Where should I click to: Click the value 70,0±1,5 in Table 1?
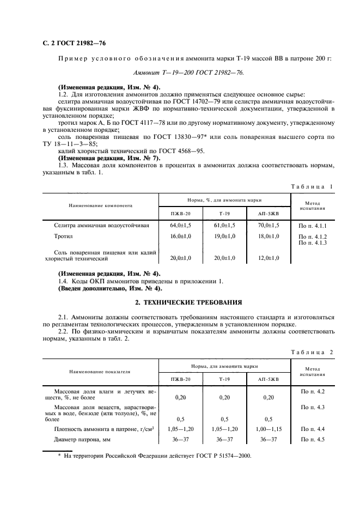click(269, 224)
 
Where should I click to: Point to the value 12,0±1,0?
click(269, 258)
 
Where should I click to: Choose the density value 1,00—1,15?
click(269, 429)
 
